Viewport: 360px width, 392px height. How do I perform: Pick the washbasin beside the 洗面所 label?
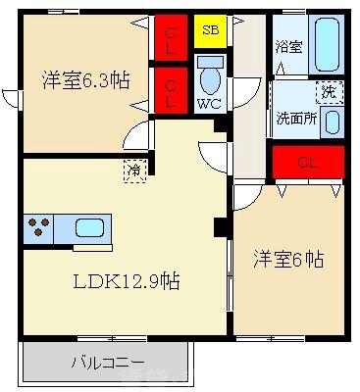[332, 122]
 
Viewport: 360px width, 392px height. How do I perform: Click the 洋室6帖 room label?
[288, 260]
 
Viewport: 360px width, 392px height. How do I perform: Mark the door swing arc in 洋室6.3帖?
[139, 137]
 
